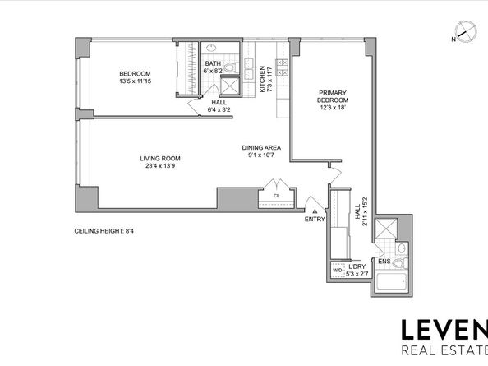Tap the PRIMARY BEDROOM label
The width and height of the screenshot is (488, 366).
(328, 95)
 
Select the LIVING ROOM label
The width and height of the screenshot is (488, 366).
(159, 158)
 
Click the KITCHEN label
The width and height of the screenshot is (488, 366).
(263, 77)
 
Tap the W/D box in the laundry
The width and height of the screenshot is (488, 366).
(337, 270)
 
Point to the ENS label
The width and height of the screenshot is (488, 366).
(384, 262)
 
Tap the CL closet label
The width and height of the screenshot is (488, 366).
(277, 196)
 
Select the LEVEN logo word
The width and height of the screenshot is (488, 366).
(443, 331)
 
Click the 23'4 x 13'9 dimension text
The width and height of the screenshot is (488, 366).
(159, 166)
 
